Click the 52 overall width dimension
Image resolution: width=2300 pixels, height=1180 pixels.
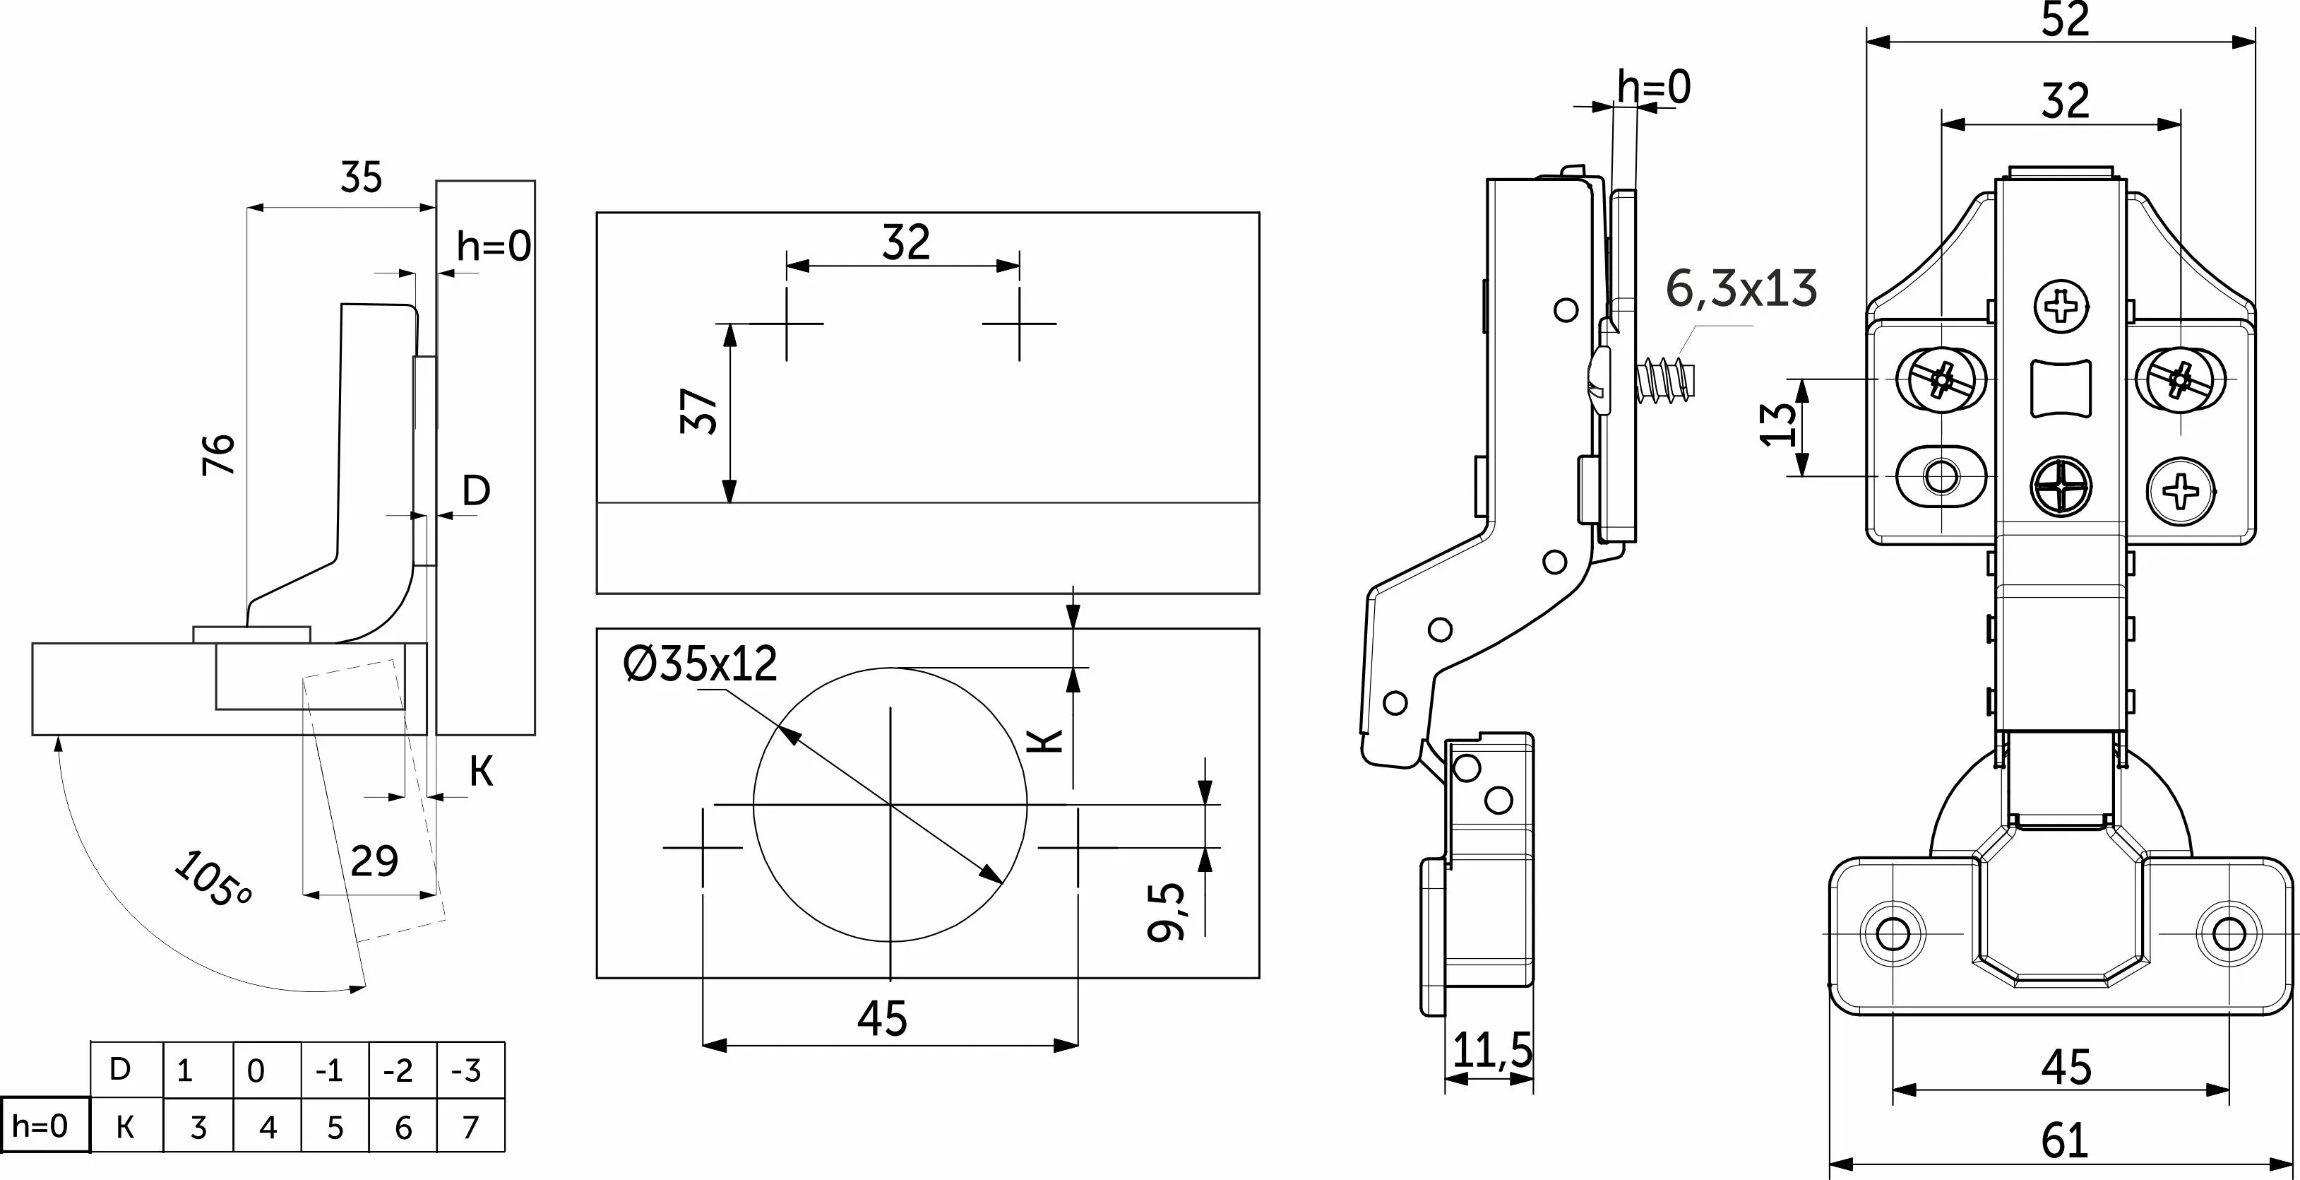tap(2065, 20)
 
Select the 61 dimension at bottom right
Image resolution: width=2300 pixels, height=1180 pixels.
tap(2065, 1140)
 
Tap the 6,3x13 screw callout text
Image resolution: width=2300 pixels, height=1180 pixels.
tap(1741, 290)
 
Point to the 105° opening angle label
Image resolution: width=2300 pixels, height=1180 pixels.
tap(213, 880)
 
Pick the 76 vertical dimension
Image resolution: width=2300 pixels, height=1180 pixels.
tap(220, 454)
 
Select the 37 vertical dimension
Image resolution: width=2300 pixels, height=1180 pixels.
tap(699, 411)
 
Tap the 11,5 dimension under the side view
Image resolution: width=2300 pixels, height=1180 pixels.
tap(1492, 1051)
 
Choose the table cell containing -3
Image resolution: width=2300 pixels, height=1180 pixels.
tap(470, 1069)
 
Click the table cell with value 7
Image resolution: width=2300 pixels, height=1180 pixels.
tap(470, 1127)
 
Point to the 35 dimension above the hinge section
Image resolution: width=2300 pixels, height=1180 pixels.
tap(361, 178)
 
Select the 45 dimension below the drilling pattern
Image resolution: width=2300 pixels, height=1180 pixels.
tap(882, 1018)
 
